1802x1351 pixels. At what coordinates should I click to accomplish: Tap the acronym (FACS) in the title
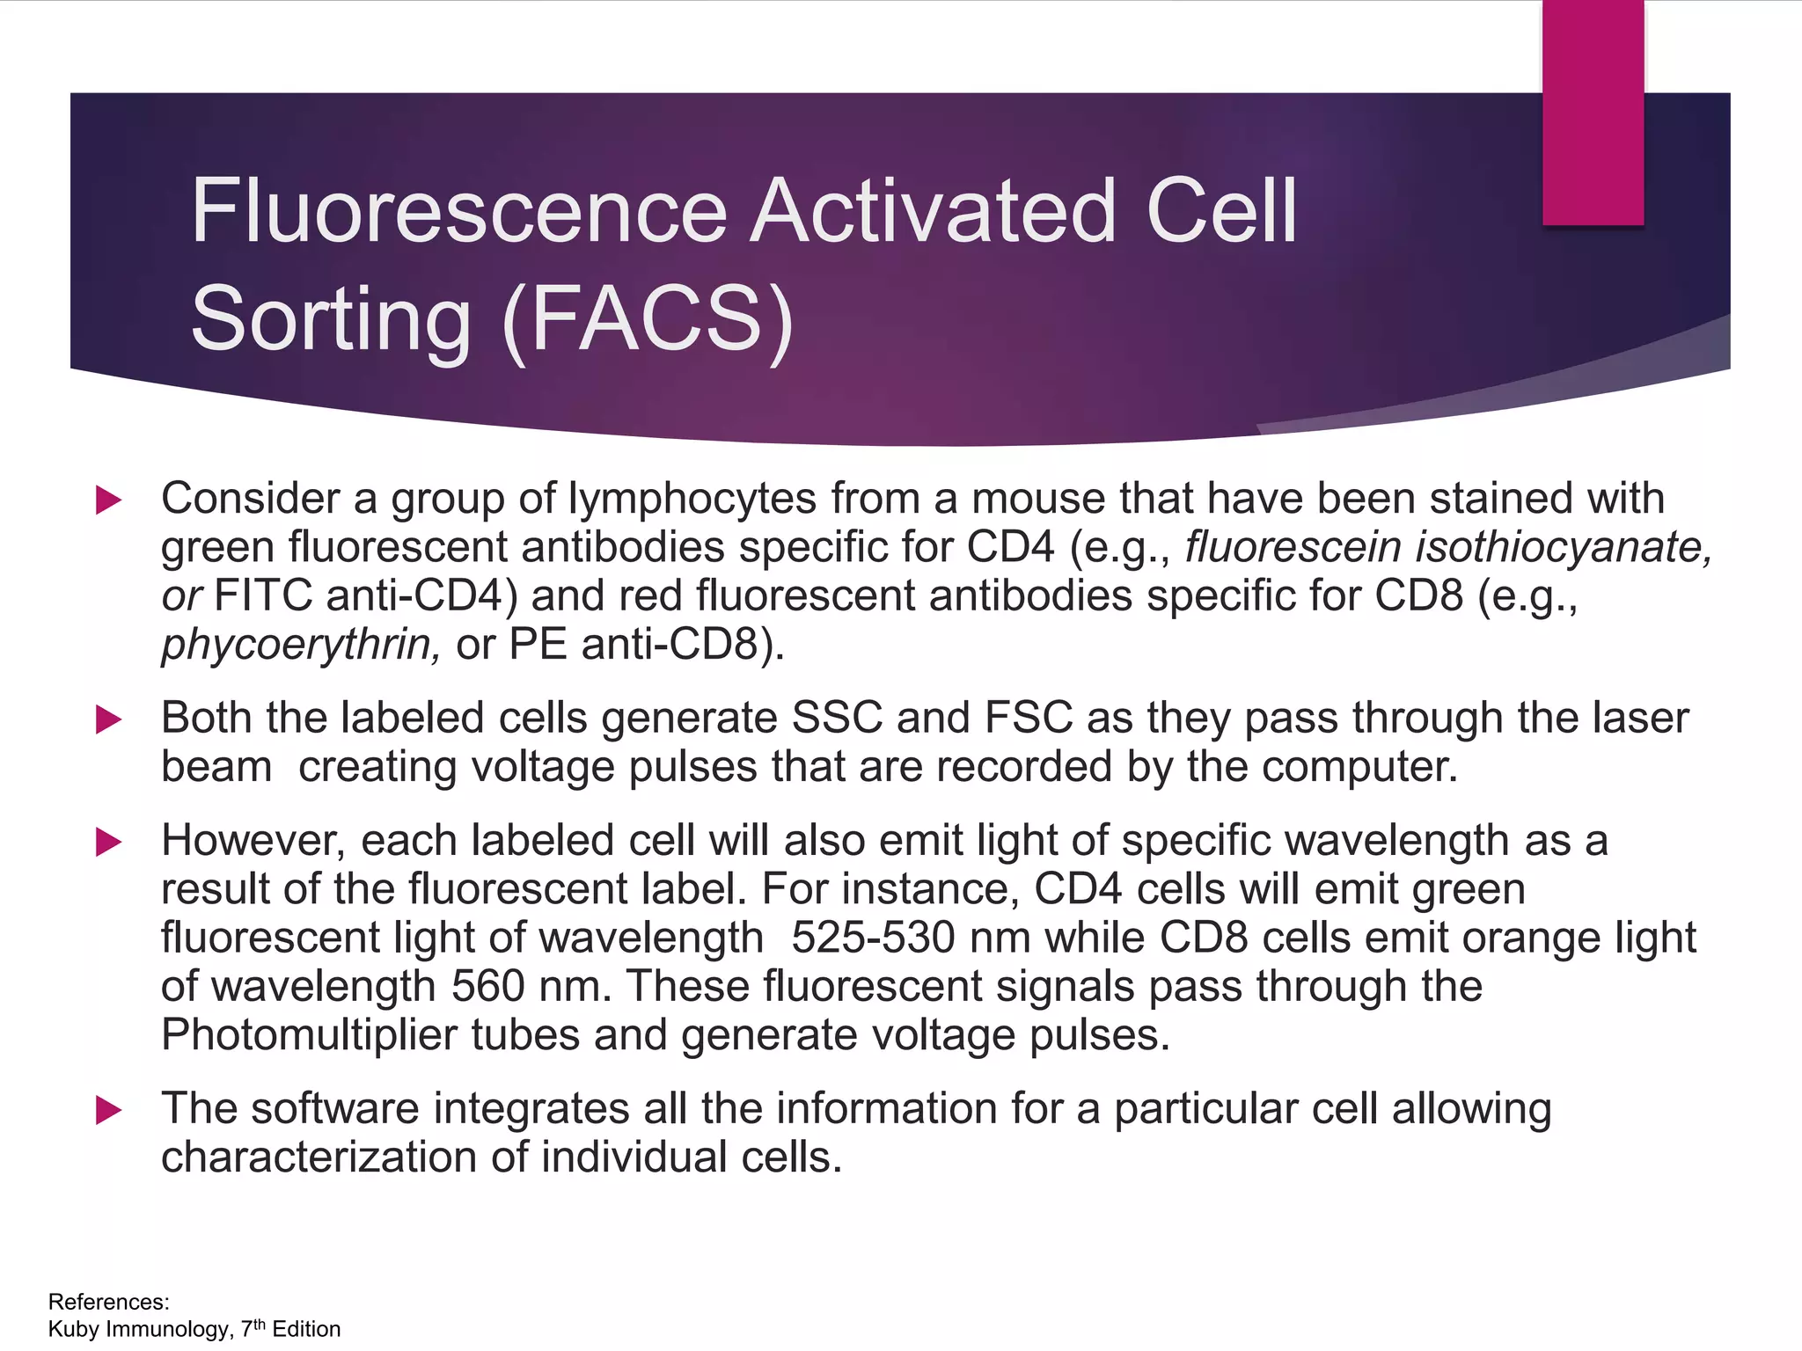[648, 318]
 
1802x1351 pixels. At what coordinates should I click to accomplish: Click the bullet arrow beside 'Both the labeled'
[108, 719]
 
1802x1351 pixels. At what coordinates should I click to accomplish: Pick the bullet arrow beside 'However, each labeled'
[108, 842]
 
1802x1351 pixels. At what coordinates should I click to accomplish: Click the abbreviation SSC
[837, 718]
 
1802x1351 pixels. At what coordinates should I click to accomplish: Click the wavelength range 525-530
[873, 938]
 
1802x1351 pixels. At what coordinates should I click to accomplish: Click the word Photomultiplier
[309, 1035]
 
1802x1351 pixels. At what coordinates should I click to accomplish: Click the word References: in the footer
[109, 1302]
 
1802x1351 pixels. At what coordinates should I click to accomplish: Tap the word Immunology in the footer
[169, 1329]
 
